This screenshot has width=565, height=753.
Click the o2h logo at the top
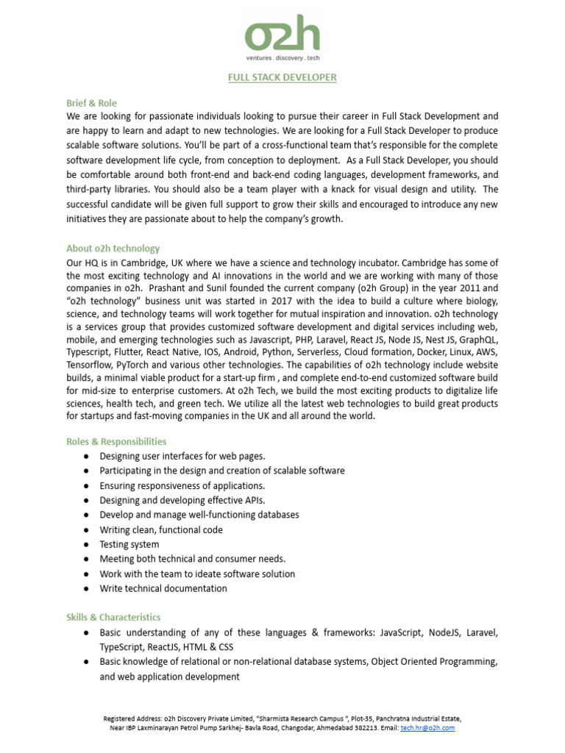click(x=282, y=36)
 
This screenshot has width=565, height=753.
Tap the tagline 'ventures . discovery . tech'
click(x=282, y=57)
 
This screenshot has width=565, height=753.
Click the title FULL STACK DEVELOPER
click(x=282, y=76)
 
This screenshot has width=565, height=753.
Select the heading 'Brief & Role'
click(x=91, y=103)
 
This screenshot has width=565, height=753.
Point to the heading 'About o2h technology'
click(x=113, y=249)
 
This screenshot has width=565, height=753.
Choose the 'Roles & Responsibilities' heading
click(x=116, y=441)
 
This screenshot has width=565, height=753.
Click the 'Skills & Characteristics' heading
click(x=113, y=617)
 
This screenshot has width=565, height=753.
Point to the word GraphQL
click(x=478, y=340)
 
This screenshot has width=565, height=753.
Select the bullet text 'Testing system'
click(x=129, y=544)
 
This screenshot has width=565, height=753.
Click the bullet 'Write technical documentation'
click(x=163, y=588)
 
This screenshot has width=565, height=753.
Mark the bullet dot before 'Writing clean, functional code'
click(x=86, y=530)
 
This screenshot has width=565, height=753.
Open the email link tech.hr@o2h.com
click(x=427, y=728)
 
